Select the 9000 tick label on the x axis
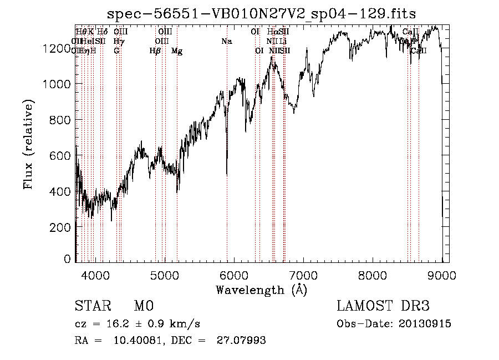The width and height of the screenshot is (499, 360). pyautogui.click(x=441, y=275)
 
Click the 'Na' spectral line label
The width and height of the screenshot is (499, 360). pyautogui.click(x=226, y=41)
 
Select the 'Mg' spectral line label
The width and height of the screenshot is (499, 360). pyautogui.click(x=177, y=51)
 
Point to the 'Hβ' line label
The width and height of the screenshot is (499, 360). pyautogui.click(x=155, y=51)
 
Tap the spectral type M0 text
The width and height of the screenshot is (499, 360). pyautogui.click(x=144, y=306)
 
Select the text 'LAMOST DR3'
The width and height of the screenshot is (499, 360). pyautogui.click(x=383, y=306)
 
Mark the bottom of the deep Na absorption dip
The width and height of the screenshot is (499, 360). pyautogui.click(x=227, y=174)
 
